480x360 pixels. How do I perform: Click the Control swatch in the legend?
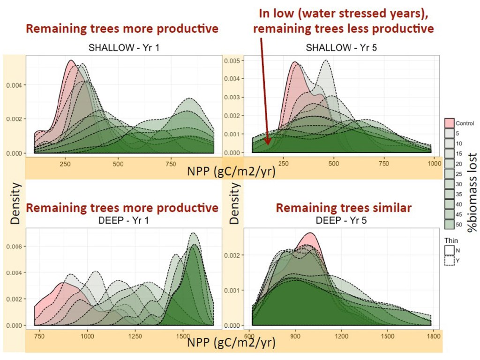tap(449, 122)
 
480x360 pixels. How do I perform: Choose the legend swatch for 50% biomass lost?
tap(449, 225)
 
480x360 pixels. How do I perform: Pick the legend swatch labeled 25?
tap(449, 173)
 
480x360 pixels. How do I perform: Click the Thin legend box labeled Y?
tap(449, 260)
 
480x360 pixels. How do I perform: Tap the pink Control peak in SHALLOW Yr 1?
tap(71, 62)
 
